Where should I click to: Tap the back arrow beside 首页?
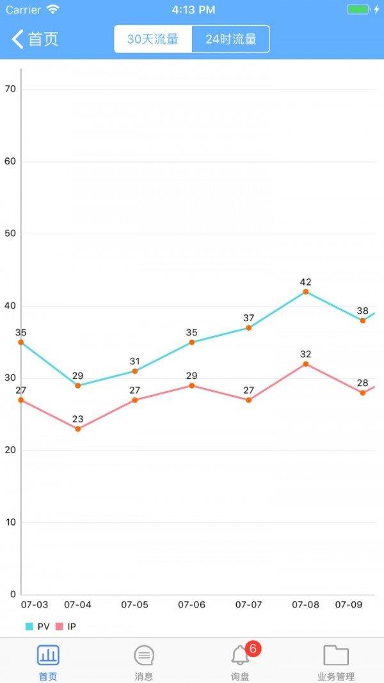[x=17, y=39]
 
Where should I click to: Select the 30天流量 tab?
[x=153, y=39]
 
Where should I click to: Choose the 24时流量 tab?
[x=230, y=39]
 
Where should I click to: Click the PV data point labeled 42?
[x=306, y=292]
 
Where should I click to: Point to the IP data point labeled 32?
[x=306, y=364]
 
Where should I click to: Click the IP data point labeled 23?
[x=78, y=429]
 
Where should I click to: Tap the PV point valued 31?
[x=135, y=371]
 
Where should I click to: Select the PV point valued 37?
[x=249, y=328]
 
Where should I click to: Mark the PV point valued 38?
[x=363, y=321]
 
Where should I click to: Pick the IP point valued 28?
[x=363, y=392]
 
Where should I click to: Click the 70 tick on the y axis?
[x=10, y=90]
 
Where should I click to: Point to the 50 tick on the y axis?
[x=10, y=234]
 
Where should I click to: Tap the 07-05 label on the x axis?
[x=135, y=605]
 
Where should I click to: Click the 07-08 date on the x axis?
[x=306, y=605]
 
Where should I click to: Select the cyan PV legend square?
[x=29, y=627]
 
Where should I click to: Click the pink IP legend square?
[x=60, y=627]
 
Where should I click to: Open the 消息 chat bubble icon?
[x=144, y=655]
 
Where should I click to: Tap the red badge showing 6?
[x=253, y=649]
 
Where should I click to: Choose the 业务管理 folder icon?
[x=336, y=655]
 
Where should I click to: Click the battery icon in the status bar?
[x=358, y=10]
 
